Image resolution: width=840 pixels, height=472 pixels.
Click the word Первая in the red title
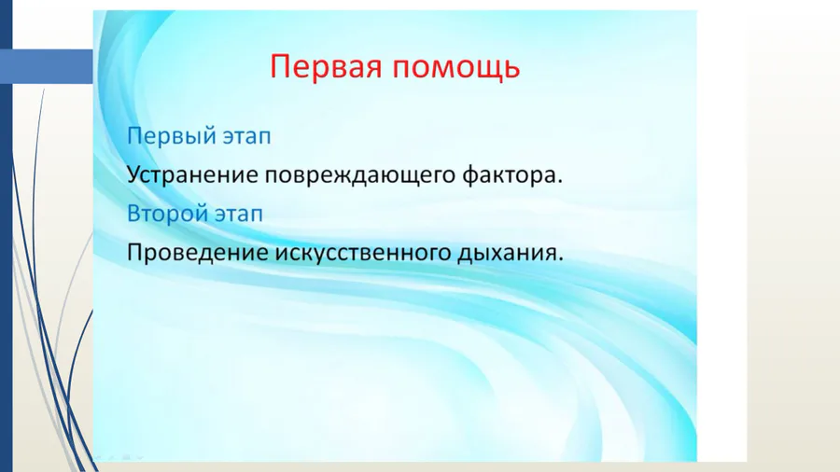pos(323,67)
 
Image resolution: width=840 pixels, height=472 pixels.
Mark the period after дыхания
pos(562,258)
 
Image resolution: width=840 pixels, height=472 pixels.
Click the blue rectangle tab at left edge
pos(47,66)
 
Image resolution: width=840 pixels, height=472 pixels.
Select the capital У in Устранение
pos(134,174)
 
